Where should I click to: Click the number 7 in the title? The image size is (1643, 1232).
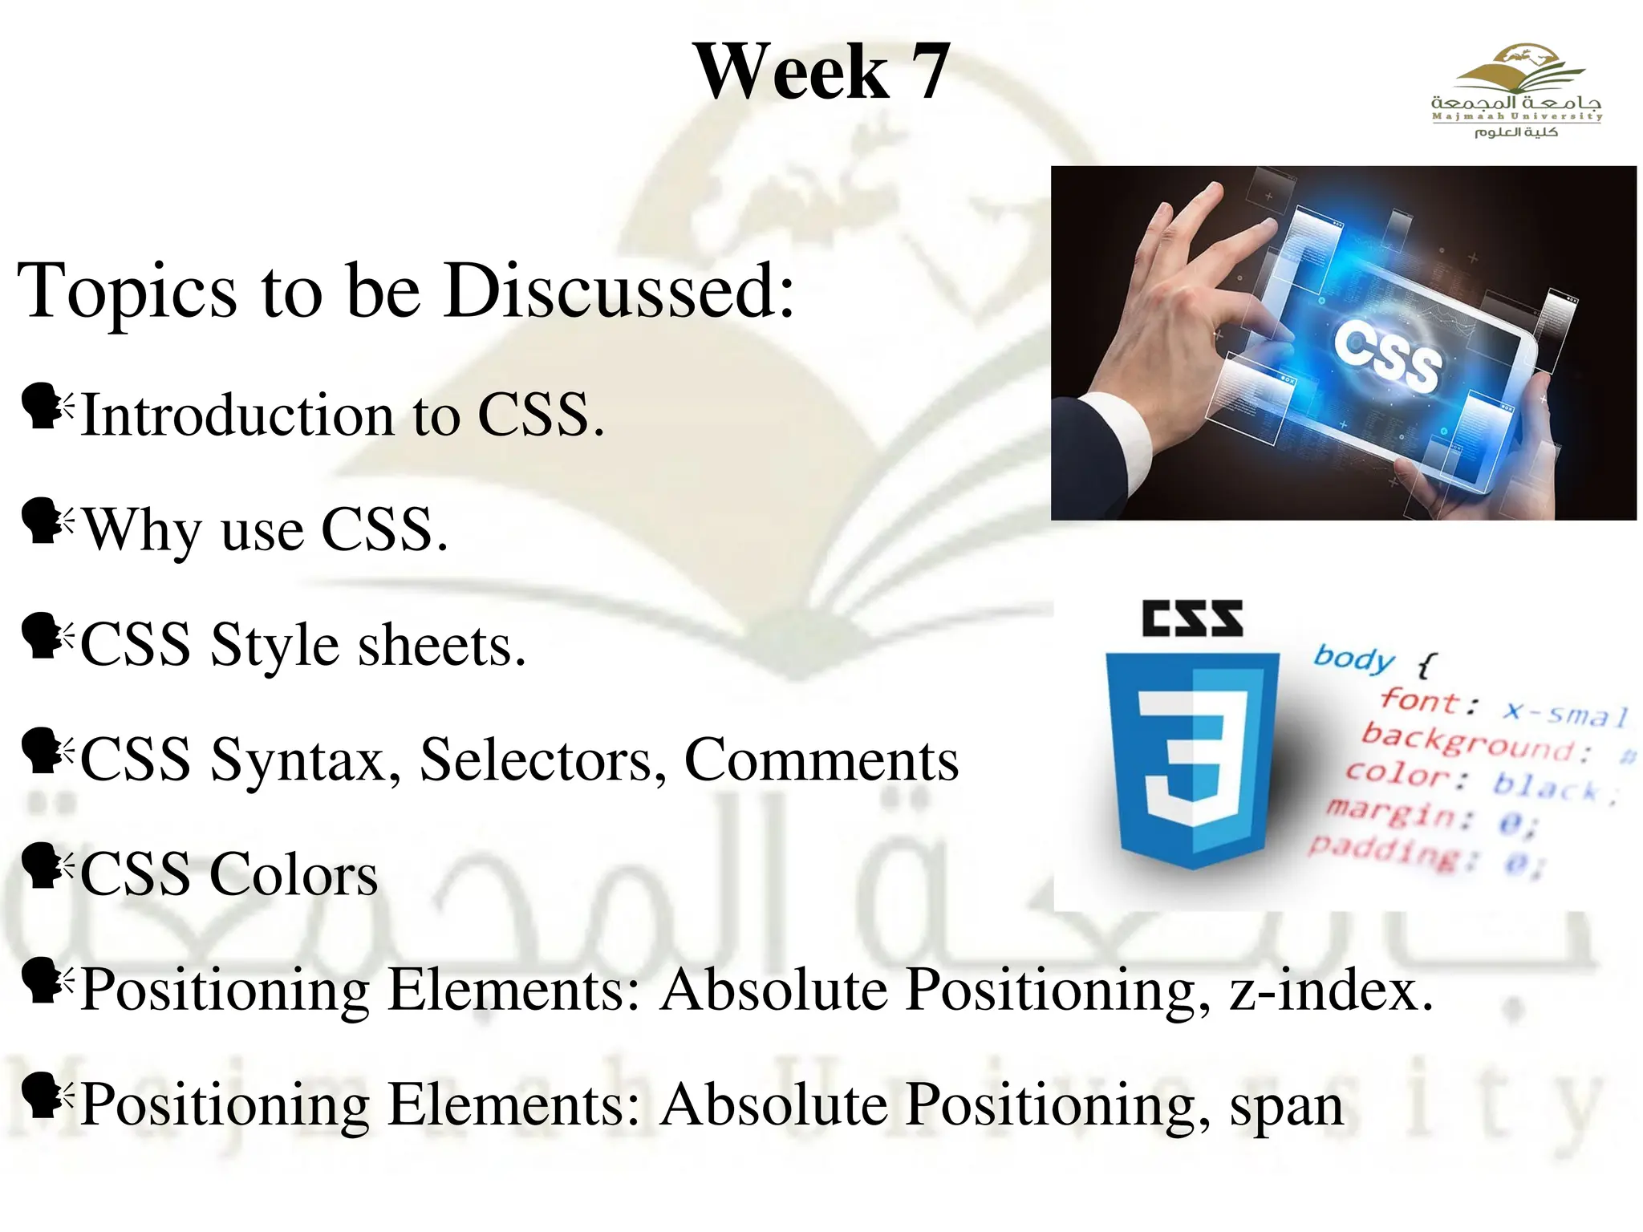tap(930, 72)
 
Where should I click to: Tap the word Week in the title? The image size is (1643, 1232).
tap(791, 72)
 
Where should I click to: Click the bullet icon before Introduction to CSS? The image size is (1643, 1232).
tap(45, 407)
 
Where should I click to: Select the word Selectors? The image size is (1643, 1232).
tap(542, 760)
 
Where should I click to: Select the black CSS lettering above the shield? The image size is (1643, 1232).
tap(1192, 618)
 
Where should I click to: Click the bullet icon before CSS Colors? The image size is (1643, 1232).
tap(45, 866)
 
